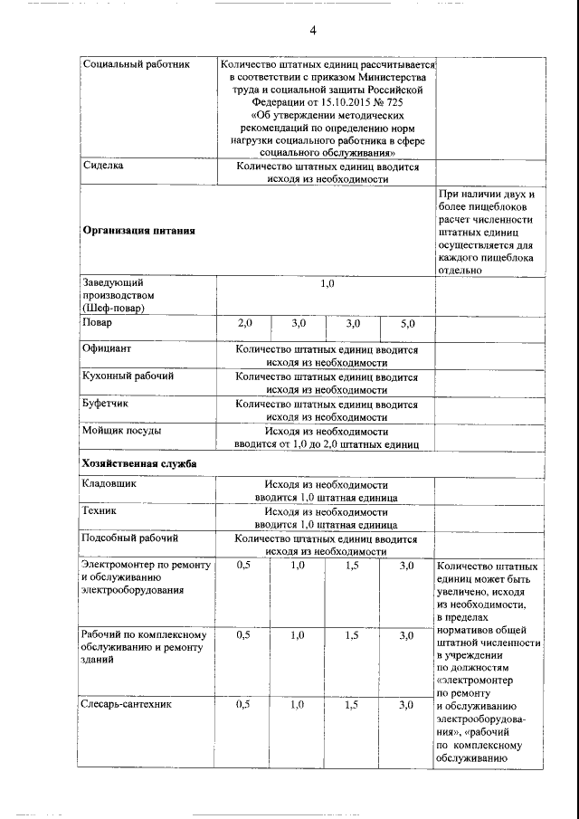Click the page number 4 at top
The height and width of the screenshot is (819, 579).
coord(312,32)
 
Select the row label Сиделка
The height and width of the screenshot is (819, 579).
coord(103,167)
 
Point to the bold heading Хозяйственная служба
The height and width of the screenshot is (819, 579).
coord(139,463)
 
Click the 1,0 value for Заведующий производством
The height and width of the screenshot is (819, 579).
coord(327,284)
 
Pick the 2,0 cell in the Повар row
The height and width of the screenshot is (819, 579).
coord(244,323)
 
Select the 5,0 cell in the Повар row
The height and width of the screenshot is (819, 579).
coord(407,323)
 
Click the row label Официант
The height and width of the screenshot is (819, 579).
coord(107,348)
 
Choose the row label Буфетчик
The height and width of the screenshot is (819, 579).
coord(106,404)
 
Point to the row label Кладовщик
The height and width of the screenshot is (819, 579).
coord(110,485)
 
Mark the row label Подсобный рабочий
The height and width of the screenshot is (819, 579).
coord(129,539)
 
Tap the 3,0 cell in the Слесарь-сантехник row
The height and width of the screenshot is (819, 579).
coord(406,704)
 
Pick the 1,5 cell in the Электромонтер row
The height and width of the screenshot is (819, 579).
coord(353,566)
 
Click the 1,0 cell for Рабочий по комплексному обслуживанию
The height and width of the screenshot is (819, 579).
coord(298,635)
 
